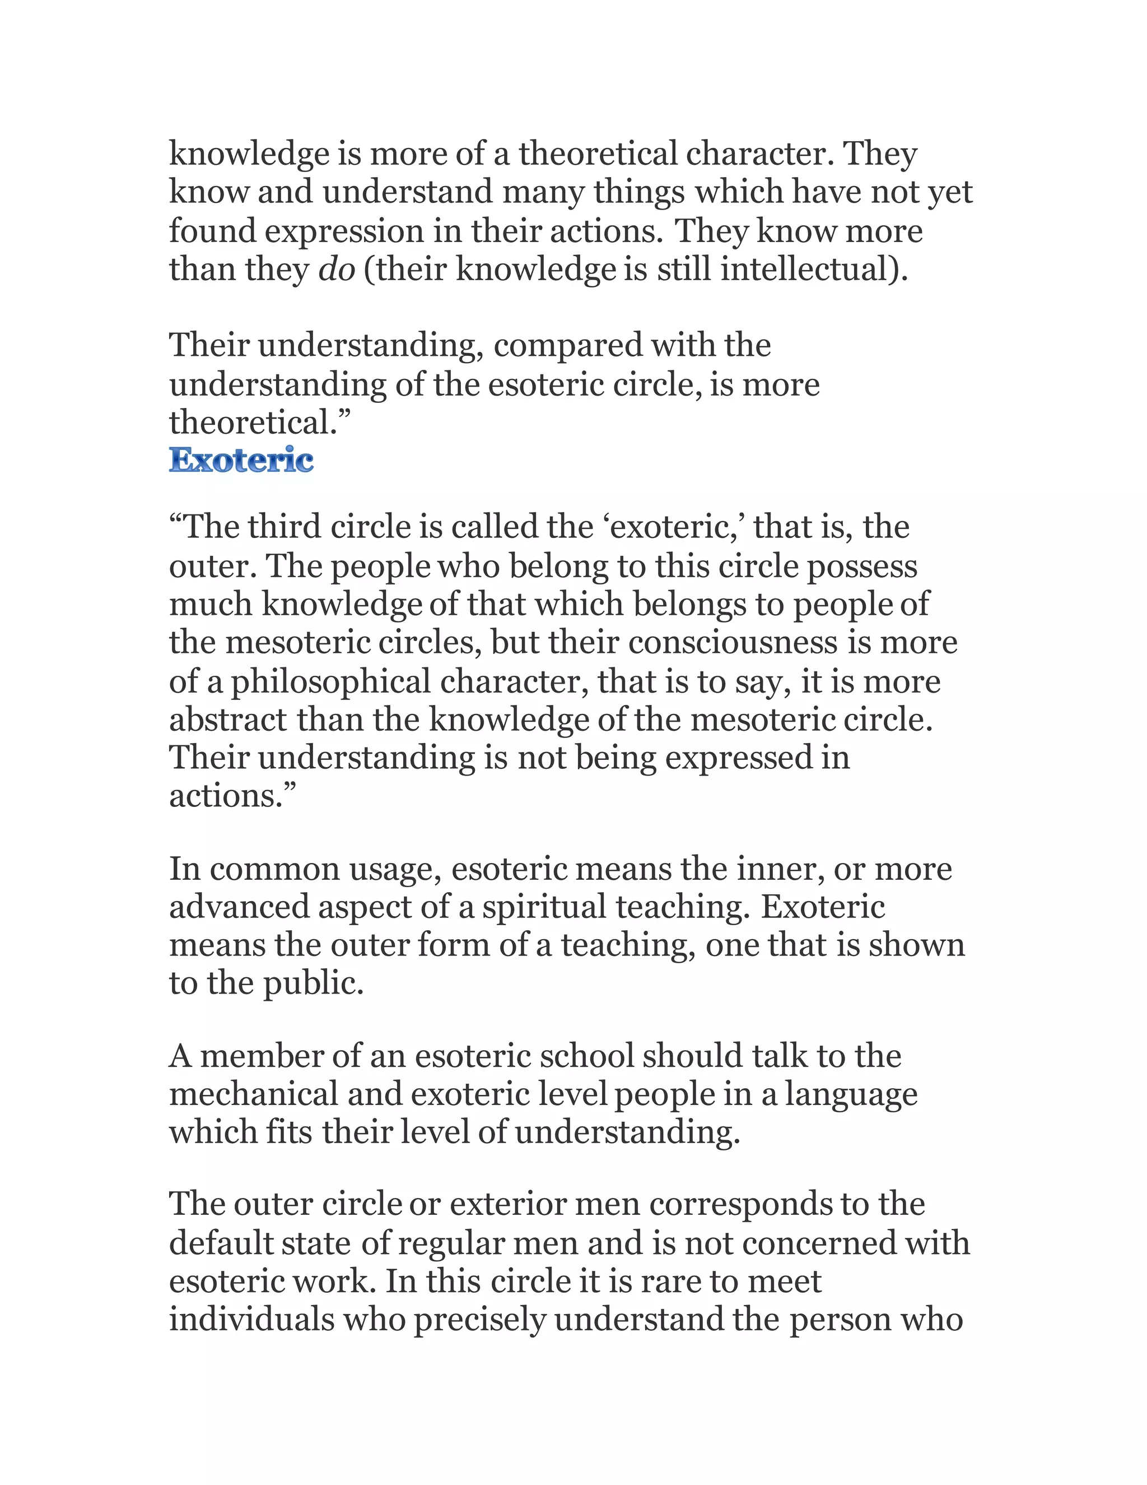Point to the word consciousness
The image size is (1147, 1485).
click(733, 643)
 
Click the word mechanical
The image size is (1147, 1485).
click(254, 1094)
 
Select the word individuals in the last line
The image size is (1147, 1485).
click(251, 1319)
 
